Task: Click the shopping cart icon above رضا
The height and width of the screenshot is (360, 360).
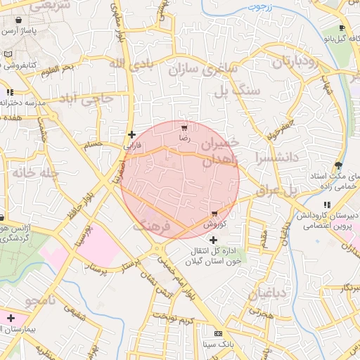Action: pyautogui.click(x=184, y=128)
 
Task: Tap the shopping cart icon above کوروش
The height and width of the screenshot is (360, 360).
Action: pyautogui.click(x=214, y=214)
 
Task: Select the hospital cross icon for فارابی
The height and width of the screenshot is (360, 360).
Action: pyautogui.click(x=131, y=134)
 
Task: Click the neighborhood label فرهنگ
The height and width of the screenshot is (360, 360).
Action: pyautogui.click(x=151, y=226)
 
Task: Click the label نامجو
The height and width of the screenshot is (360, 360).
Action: pyautogui.click(x=45, y=302)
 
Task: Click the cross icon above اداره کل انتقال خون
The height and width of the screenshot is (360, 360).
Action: pyautogui.click(x=214, y=240)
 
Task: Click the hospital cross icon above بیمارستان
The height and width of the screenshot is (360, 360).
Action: pyautogui.click(x=10, y=318)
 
